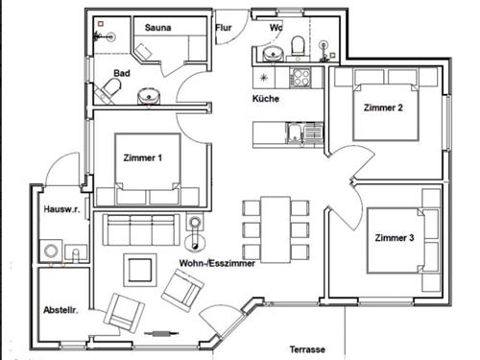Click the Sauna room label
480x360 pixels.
click(x=157, y=28)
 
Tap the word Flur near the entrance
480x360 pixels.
click(x=224, y=28)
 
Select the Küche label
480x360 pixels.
click(x=266, y=99)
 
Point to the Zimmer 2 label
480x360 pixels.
click(x=383, y=108)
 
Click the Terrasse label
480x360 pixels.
click(x=307, y=349)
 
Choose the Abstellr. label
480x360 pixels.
click(x=60, y=310)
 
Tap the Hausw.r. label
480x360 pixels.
click(x=61, y=209)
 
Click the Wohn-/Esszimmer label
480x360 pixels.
click(x=217, y=263)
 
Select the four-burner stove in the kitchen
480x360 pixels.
click(x=300, y=78)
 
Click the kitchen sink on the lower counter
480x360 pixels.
click(x=304, y=133)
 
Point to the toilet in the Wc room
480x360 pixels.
click(x=298, y=46)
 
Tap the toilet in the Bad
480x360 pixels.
click(x=108, y=90)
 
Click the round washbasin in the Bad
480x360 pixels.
click(x=149, y=96)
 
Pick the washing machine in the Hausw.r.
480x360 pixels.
click(x=51, y=250)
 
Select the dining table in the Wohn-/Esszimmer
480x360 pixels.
click(x=276, y=229)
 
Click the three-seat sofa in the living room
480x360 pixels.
click(x=141, y=229)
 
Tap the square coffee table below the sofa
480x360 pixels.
click(x=140, y=271)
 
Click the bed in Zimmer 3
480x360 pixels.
click(x=396, y=241)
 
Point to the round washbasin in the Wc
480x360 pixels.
click(x=274, y=54)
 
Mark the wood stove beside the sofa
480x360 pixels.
click(x=195, y=232)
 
